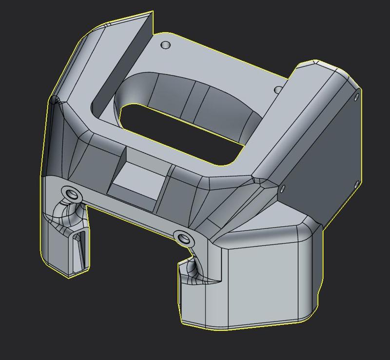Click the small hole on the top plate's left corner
click(166, 45)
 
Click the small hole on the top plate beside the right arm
click(278, 90)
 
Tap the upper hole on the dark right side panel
click(356, 98)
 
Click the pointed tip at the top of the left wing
click(152, 13)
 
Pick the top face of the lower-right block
click(263, 234)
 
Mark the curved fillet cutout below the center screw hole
click(192, 270)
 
